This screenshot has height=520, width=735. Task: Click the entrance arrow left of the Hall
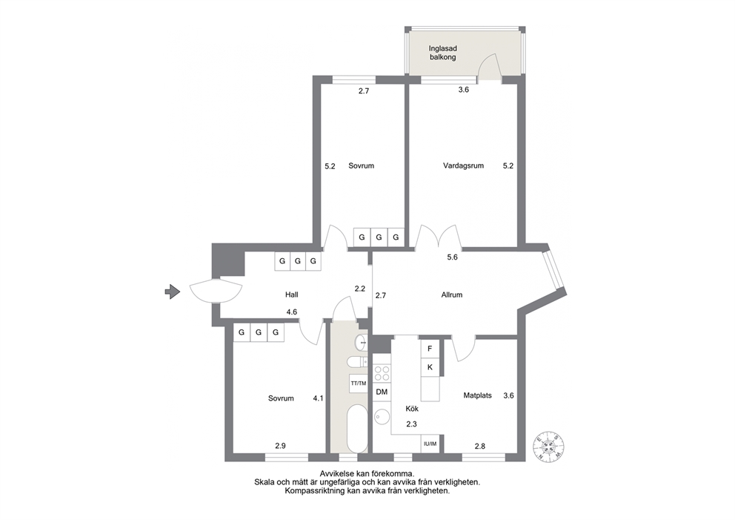click(173, 292)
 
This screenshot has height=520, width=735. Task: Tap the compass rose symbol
click(548, 446)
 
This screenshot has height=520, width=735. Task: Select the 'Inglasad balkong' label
click(442, 53)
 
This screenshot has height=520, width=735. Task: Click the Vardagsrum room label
click(463, 165)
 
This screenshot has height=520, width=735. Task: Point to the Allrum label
click(451, 294)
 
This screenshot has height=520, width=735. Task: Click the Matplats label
click(477, 395)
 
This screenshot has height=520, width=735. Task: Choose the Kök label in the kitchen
click(411, 409)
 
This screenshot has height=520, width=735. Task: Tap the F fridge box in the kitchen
click(430, 349)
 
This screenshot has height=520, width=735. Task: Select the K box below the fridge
click(430, 367)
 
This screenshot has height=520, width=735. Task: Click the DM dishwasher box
click(382, 392)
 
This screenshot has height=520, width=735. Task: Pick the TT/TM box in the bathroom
click(359, 384)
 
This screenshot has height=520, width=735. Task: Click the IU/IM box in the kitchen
click(430, 444)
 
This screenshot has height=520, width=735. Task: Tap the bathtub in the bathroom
click(359, 429)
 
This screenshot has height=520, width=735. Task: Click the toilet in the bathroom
click(358, 362)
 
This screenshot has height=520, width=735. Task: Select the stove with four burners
click(382, 373)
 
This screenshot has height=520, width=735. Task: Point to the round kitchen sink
click(382, 417)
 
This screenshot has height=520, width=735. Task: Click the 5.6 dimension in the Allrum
click(452, 257)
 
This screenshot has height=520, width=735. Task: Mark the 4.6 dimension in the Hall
click(292, 312)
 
